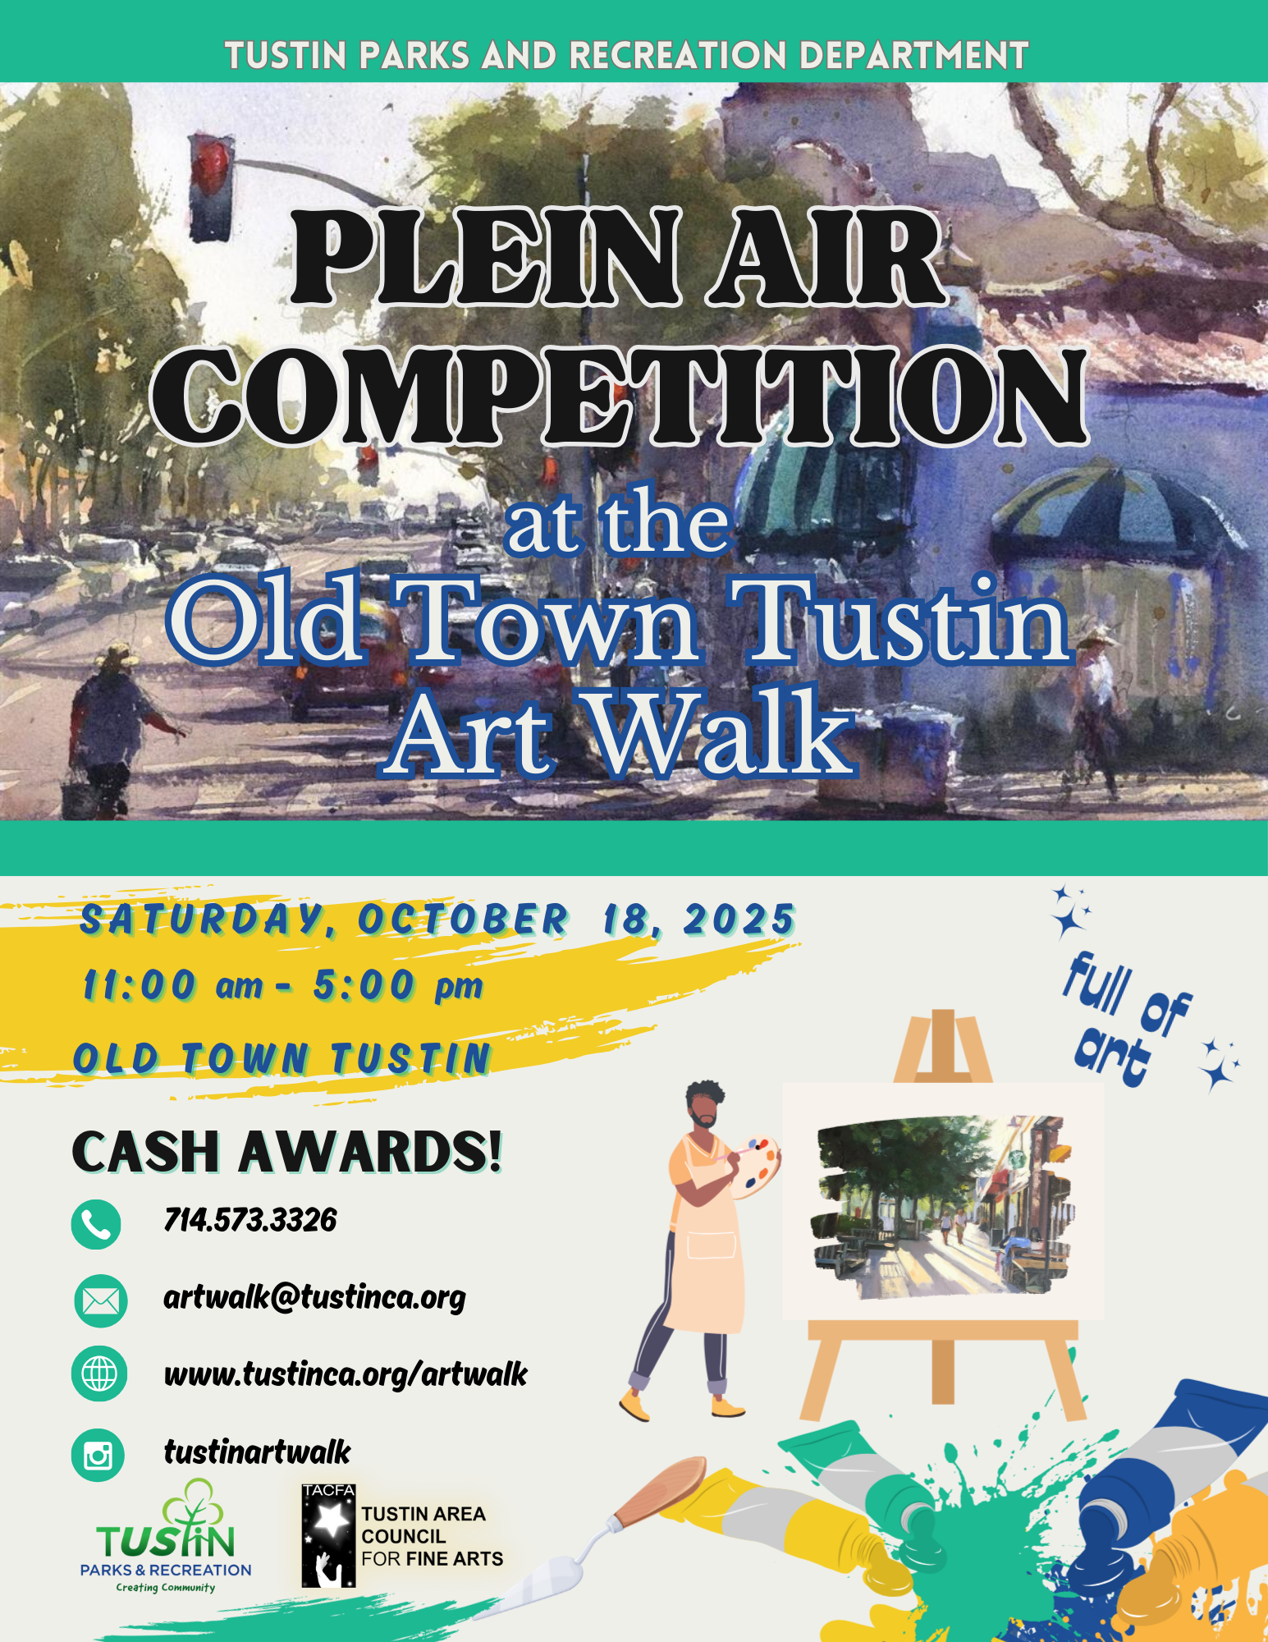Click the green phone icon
point(96,1225)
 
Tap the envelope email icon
point(100,1301)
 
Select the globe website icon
point(99,1374)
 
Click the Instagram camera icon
point(98,1456)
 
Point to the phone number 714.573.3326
point(250,1221)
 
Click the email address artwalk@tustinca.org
point(314,1298)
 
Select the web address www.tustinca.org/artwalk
point(346,1374)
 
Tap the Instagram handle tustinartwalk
point(257,1452)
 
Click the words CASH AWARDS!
point(286,1151)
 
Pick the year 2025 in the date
point(739,920)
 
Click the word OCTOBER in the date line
point(462,920)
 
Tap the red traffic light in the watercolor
point(211,188)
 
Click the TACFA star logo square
point(328,1535)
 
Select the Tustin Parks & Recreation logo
point(166,1538)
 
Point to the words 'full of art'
point(1128,1020)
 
